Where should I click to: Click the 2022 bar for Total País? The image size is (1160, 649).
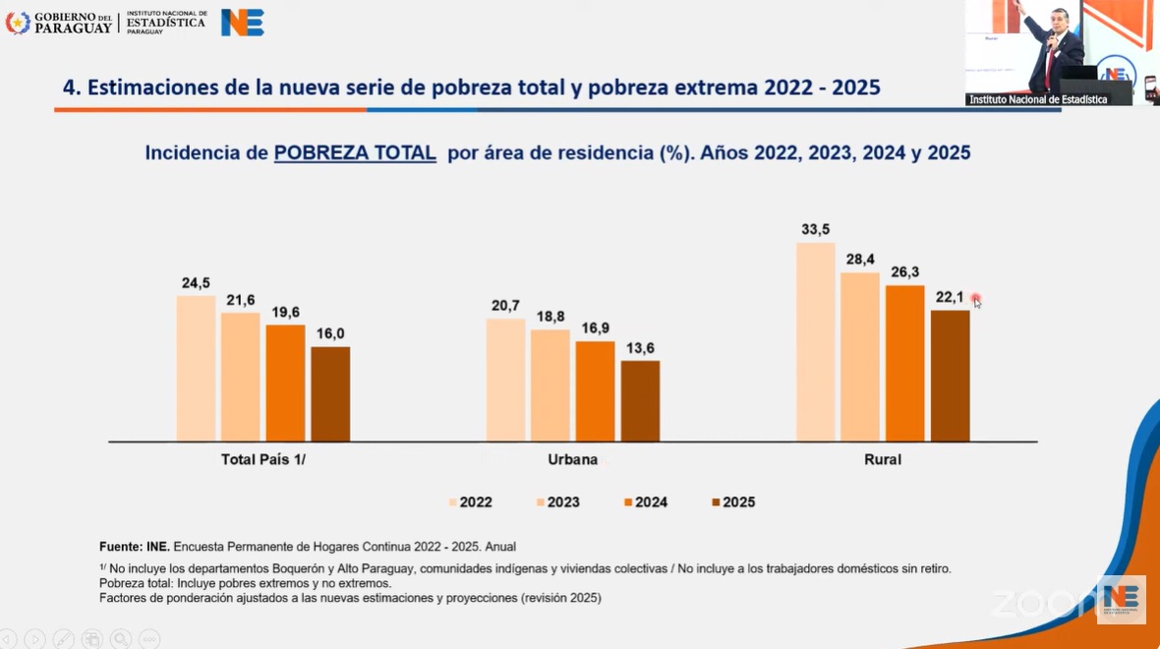click(x=196, y=368)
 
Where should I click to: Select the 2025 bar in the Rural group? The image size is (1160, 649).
click(x=950, y=376)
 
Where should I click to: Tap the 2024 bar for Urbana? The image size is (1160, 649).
click(x=595, y=391)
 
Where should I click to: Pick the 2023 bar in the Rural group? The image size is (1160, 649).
click(x=860, y=357)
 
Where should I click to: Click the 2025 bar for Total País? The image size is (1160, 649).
click(x=330, y=393)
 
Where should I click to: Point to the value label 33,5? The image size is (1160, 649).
click(x=815, y=230)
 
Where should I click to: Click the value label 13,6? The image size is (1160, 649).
click(x=640, y=347)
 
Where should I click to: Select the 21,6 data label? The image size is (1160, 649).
click(x=240, y=300)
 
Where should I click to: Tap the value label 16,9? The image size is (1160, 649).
click(x=595, y=327)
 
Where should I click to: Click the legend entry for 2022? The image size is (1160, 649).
click(x=471, y=502)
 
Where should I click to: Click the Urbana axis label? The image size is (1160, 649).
click(x=572, y=459)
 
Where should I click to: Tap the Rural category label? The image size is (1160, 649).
click(x=882, y=459)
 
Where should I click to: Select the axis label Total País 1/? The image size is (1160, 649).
click(x=263, y=459)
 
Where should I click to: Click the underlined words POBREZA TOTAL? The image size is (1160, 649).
click(x=355, y=153)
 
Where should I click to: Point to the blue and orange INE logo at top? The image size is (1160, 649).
click(x=242, y=22)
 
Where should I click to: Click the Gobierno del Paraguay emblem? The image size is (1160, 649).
click(x=18, y=22)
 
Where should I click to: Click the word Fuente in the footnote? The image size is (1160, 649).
click(x=120, y=547)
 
